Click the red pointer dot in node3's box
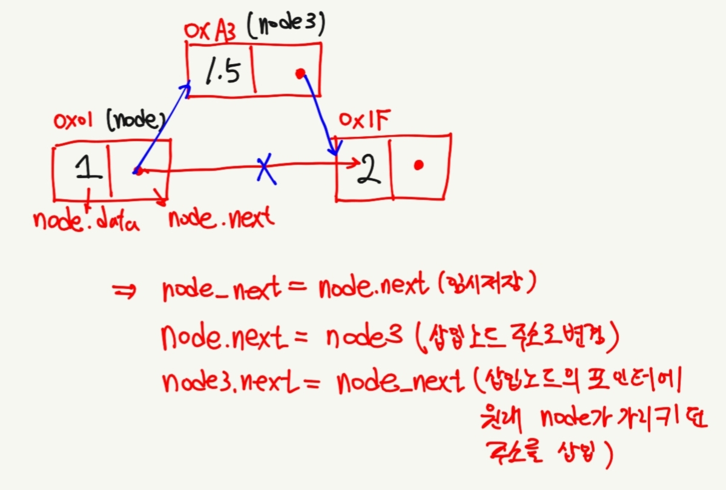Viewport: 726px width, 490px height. (299, 73)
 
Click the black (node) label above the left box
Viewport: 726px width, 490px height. (136, 122)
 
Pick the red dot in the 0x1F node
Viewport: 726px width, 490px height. (418, 165)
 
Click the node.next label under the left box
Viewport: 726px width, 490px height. (221, 219)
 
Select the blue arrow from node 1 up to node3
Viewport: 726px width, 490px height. (163, 128)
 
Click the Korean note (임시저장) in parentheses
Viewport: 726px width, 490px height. (486, 284)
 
